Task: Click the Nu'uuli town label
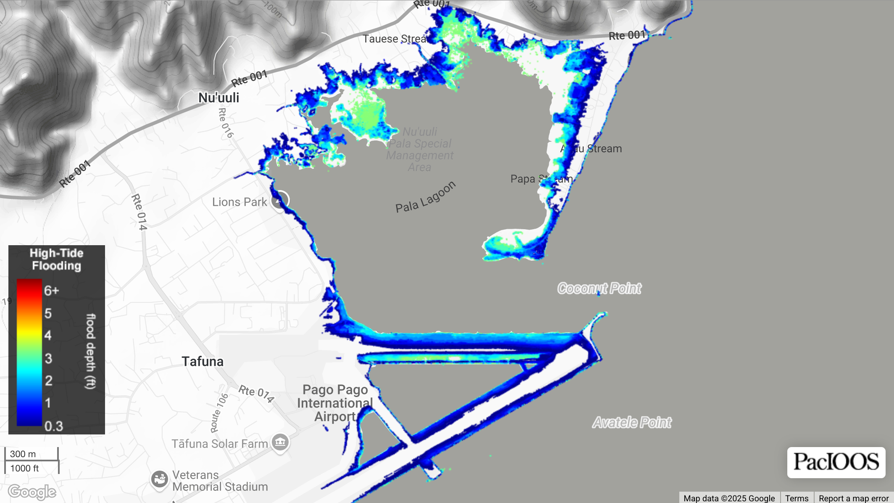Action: [x=218, y=98]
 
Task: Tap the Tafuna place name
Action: [x=202, y=361]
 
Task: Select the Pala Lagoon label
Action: [x=425, y=197]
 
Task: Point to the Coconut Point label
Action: [x=599, y=289]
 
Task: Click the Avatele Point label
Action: [x=631, y=422]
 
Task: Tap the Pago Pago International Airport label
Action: [x=335, y=403]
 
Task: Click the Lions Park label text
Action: [x=239, y=202]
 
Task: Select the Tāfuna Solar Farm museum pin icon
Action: [x=280, y=442]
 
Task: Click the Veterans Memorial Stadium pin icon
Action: [x=160, y=479]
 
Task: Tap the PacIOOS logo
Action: [x=836, y=462]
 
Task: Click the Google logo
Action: [x=32, y=491]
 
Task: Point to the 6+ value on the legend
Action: [x=52, y=291]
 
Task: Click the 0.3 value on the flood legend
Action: [x=54, y=426]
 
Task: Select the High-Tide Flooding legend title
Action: [x=56, y=259]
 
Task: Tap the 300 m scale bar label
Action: [x=23, y=454]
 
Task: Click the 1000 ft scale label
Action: [x=24, y=468]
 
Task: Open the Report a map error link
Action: [x=853, y=498]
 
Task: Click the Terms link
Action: [x=797, y=498]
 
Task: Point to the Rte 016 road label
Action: [x=226, y=123]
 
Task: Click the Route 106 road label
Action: [x=219, y=413]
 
